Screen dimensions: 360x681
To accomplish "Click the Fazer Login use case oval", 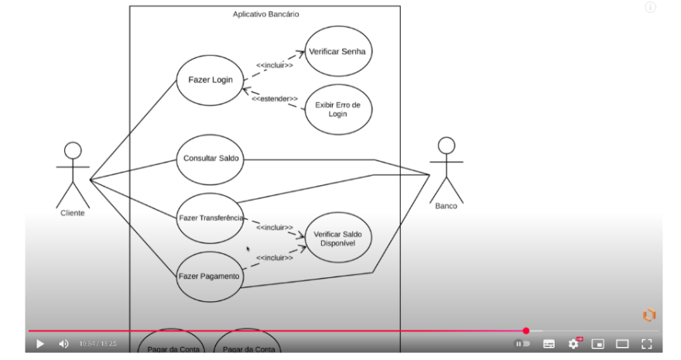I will tap(210, 80).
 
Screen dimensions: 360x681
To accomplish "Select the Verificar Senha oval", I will tap(337, 51).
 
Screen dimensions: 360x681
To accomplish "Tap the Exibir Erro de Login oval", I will tap(337, 109).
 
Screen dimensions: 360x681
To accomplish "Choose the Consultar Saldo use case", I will tap(210, 158).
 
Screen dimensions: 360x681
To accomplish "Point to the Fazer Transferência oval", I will tap(210, 218).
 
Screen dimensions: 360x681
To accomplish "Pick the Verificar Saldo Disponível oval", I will tap(337, 238).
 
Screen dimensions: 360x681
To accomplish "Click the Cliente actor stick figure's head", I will tap(73, 151).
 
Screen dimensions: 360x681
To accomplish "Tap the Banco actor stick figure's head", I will tap(446, 146).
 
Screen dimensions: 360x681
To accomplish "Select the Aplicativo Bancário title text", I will tap(266, 15).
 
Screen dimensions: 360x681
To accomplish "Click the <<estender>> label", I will tap(274, 99).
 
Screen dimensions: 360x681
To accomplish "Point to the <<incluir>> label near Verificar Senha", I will tap(274, 65).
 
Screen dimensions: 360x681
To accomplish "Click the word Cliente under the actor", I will tap(73, 213).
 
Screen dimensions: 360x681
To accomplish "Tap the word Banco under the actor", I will tap(446, 206).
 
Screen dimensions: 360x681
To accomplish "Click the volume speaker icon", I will tap(63, 344).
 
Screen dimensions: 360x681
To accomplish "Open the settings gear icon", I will tap(573, 344).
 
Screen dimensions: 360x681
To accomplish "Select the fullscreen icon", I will tap(647, 344).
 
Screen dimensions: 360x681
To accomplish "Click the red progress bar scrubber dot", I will tap(526, 331).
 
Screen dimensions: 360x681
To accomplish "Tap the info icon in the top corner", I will tap(650, 8).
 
